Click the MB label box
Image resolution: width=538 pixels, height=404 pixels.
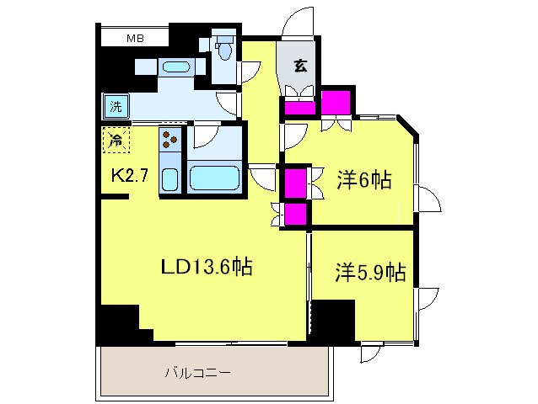134,38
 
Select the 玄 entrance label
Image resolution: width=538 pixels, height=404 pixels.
299,65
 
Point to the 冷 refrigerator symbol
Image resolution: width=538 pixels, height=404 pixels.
116,140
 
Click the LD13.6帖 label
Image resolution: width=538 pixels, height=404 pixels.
207,268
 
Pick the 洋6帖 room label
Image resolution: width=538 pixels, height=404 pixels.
364,179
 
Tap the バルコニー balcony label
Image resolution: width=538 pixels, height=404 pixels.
197,371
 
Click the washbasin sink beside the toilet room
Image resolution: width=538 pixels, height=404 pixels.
176,66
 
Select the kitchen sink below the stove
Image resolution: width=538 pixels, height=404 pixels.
169,179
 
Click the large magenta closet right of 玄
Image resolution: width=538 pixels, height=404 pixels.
336,102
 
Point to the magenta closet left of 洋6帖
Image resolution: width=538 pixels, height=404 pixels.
295,183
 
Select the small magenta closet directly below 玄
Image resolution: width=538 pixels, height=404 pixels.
298,108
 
